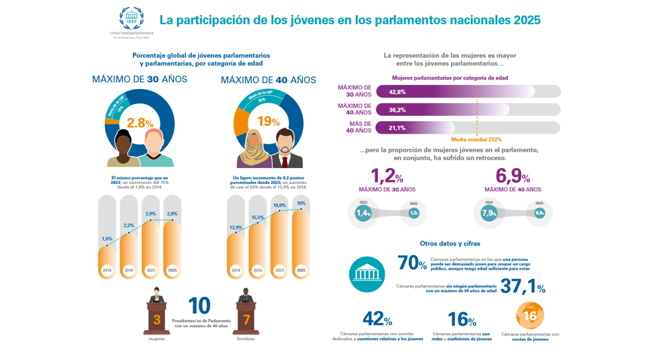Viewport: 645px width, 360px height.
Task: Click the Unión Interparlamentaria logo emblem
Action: tap(131, 18)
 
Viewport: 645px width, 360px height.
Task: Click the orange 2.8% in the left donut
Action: tap(140, 123)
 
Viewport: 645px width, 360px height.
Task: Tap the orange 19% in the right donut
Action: tap(268, 122)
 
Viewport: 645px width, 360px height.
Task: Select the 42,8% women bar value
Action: tap(397, 92)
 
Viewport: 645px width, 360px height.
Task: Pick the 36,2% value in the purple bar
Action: tap(397, 110)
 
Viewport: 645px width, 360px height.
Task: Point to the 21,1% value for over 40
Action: tap(397, 128)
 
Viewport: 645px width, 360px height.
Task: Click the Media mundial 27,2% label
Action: tap(476, 139)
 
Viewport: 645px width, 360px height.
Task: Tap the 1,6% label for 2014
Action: tap(107, 239)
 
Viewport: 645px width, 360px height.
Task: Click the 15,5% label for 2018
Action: tap(258, 217)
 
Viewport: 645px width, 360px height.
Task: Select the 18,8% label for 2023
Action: tap(279, 205)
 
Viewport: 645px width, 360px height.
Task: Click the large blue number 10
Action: tap(199, 306)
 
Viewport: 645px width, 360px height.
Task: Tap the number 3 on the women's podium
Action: tap(157, 320)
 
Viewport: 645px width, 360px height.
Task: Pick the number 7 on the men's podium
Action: tap(246, 320)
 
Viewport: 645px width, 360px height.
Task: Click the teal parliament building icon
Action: tap(367, 274)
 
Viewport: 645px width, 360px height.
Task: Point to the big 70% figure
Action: tap(411, 263)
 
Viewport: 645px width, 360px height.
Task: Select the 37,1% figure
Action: tap(523, 287)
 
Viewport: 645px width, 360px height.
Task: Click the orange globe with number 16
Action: tap(530, 316)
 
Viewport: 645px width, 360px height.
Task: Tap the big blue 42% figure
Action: tap(377, 319)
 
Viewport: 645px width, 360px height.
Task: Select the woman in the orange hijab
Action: tap(253, 149)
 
